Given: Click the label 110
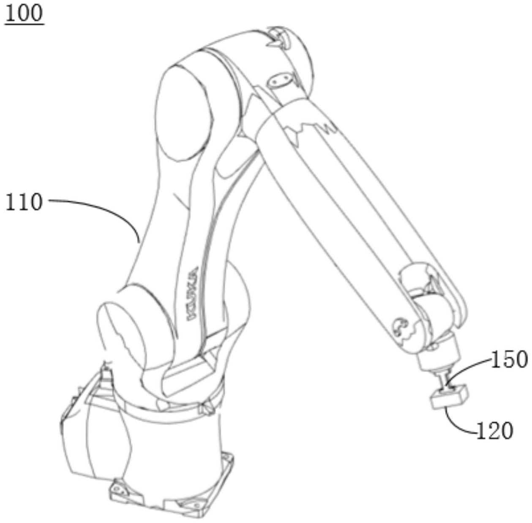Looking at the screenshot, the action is (24, 202).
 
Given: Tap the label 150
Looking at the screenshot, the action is (509, 360).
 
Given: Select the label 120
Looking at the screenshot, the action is (495, 431).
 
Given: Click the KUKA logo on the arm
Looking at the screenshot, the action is (193, 294).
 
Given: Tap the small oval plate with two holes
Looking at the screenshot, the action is (279, 81).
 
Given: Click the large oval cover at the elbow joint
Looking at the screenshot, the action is (184, 113).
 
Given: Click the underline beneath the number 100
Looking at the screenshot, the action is (24, 25).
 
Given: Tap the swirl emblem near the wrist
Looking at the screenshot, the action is (399, 327).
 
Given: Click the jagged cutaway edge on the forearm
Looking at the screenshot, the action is (309, 128).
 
